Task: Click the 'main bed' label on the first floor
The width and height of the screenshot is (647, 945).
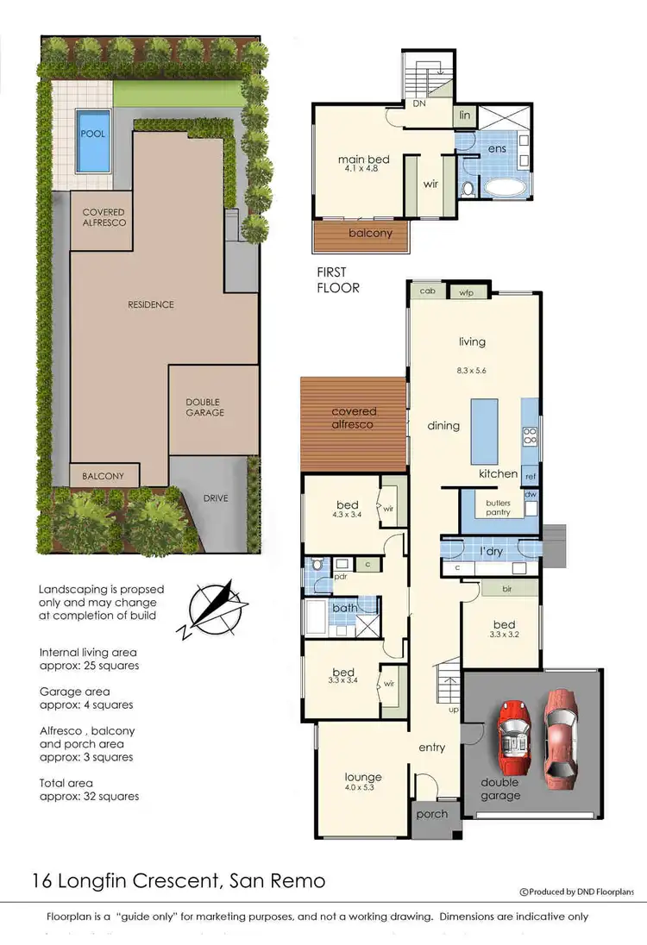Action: click(x=358, y=160)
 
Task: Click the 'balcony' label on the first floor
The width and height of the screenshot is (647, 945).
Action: click(x=370, y=233)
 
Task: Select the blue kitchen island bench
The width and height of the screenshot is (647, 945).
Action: click(x=484, y=431)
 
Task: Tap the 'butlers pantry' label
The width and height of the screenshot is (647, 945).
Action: click(x=498, y=506)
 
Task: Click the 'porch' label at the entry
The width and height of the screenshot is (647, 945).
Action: click(x=432, y=814)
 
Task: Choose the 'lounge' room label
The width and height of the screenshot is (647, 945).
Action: click(x=362, y=777)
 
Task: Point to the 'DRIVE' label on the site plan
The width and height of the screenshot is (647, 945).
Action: click(x=216, y=498)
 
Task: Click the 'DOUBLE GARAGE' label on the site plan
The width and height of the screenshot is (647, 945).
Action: click(x=204, y=407)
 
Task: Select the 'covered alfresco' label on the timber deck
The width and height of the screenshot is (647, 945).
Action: click(x=353, y=418)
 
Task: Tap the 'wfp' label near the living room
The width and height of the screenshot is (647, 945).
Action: click(x=467, y=293)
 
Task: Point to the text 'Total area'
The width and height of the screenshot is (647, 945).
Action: click(x=69, y=784)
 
